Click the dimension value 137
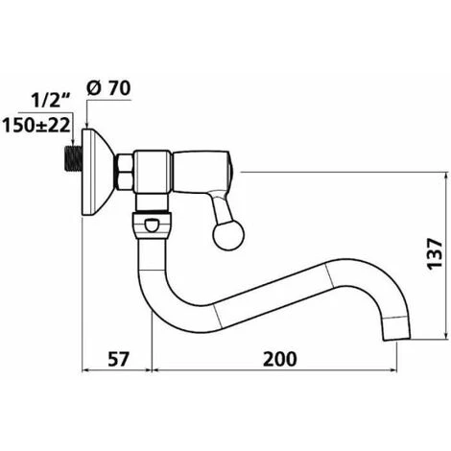[x=435, y=253]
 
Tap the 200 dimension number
[x=280, y=359]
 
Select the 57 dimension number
[x=118, y=359]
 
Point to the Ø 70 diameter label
[x=108, y=88]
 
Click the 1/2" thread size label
[x=51, y=101]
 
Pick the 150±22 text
[x=36, y=125]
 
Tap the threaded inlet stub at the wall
[x=73, y=158]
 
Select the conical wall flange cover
[x=98, y=172]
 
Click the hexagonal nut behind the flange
[x=124, y=172]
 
